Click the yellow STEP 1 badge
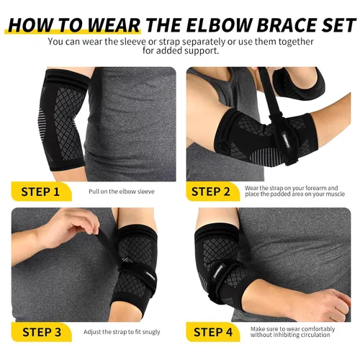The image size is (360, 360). point(41,192)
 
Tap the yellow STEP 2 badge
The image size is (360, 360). point(213,192)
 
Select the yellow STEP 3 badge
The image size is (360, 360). point(41,332)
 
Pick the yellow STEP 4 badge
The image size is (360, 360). point(213,332)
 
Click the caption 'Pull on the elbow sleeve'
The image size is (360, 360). point(122,192)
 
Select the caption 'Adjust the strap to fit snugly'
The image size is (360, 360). point(122,332)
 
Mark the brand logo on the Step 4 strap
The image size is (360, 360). point(218,271)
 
